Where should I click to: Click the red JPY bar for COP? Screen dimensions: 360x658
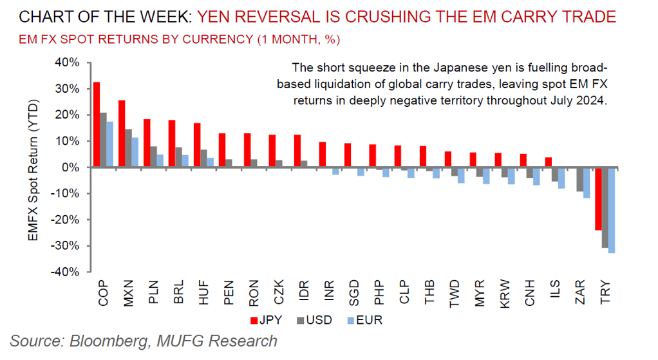tap(97, 124)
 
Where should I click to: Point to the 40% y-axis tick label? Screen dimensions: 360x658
tap(66, 62)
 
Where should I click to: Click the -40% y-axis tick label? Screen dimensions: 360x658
tap(64, 272)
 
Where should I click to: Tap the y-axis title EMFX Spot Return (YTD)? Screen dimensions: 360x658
tap(33, 171)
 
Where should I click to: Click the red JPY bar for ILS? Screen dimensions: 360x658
tap(548, 162)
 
